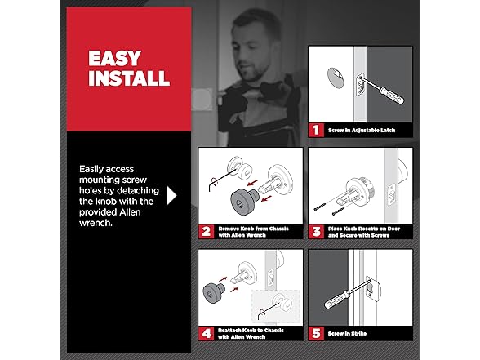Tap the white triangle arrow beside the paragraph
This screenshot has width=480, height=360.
pos(172,195)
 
